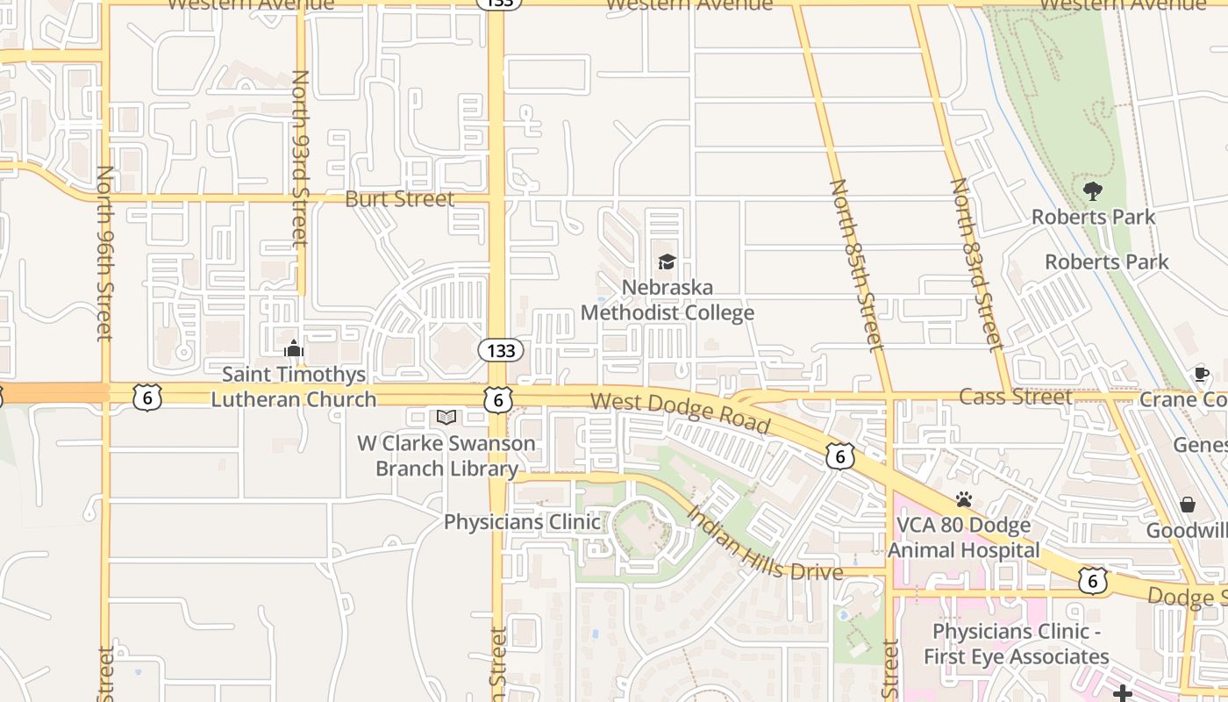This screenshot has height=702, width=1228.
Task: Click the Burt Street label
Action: coord(400,199)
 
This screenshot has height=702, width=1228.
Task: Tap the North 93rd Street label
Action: coord(300,158)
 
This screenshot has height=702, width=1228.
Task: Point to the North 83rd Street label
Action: coord(975,264)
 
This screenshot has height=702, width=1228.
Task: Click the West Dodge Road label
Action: coord(680,413)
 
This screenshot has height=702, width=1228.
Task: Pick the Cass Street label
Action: coord(1015,397)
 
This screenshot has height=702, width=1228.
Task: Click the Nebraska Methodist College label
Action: coord(668,300)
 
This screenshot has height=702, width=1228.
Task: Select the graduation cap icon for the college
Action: coord(668,261)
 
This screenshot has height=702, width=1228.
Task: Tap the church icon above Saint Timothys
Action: coord(293,349)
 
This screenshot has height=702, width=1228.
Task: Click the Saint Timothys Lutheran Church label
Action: coord(293,387)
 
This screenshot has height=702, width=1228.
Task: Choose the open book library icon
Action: coord(446,417)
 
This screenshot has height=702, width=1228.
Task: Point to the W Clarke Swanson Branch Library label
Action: coord(446,455)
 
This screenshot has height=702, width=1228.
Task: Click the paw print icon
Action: coord(964,499)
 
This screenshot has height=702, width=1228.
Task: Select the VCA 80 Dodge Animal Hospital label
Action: coord(964,538)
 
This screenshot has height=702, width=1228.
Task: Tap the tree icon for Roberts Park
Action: coord(1092,190)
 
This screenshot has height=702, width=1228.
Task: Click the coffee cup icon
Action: coord(1201,375)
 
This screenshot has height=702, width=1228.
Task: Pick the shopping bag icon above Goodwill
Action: coord(1188,505)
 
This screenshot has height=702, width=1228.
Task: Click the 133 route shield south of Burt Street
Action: coord(501,351)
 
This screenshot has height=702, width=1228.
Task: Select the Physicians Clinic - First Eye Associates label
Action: coord(1016,644)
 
